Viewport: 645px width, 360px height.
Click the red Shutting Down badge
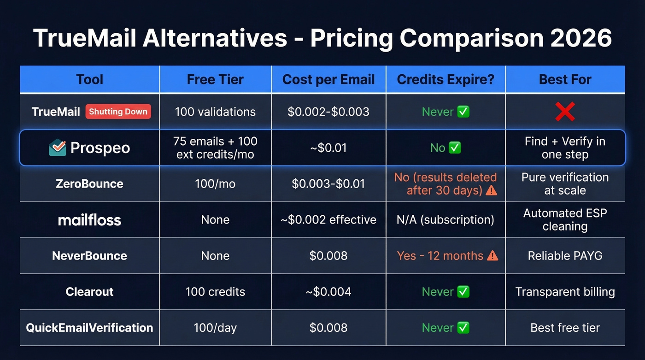(118, 112)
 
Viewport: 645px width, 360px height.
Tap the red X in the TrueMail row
(565, 112)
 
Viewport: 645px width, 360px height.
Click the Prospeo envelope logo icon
(58, 148)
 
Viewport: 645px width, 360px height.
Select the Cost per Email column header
(328, 79)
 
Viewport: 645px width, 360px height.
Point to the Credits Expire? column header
(446, 79)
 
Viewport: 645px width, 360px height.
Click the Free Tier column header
(215, 79)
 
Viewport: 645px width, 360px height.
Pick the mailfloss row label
(89, 220)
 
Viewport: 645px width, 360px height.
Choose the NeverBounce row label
(89, 256)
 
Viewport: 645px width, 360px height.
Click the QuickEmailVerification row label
(89, 328)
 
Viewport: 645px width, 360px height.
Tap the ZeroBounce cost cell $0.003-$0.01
(328, 184)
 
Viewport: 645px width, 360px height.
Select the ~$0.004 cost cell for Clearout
(328, 292)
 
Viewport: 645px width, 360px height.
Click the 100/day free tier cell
(215, 328)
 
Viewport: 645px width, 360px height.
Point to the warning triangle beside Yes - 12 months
(493, 256)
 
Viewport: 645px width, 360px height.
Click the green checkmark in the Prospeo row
(455, 148)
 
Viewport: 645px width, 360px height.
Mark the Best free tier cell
(565, 328)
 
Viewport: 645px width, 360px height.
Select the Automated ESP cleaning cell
(565, 220)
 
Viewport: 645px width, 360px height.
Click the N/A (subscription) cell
(446, 220)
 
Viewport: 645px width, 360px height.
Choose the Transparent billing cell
(565, 292)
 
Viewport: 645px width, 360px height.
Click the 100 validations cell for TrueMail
(215, 112)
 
